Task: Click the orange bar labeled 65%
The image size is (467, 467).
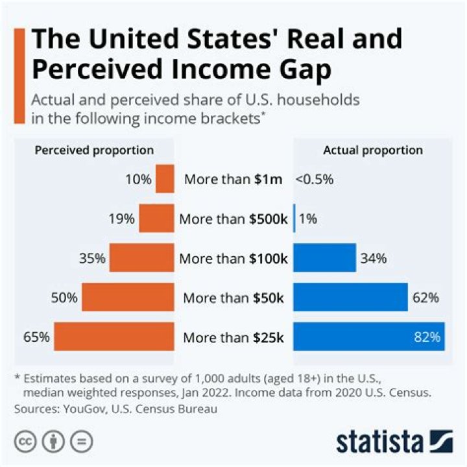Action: pyautogui.click(x=114, y=337)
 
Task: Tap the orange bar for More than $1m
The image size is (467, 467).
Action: pyautogui.click(x=165, y=179)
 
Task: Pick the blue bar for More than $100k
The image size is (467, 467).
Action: pyautogui.click(x=324, y=257)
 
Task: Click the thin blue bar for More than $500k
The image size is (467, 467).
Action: pyautogui.click(x=294, y=219)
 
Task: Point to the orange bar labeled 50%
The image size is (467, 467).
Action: pyautogui.click(x=128, y=298)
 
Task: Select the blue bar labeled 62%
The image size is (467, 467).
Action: pyautogui.click(x=350, y=298)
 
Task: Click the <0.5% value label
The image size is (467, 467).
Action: pyautogui.click(x=315, y=180)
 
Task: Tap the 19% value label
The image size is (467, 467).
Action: pyautogui.click(x=123, y=219)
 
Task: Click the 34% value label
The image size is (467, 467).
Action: pyautogui.click(x=374, y=258)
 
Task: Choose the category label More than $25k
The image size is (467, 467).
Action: pyautogui.click(x=233, y=337)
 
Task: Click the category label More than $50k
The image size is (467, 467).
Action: pyautogui.click(x=233, y=298)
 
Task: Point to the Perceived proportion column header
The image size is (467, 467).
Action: pyautogui.click(x=94, y=150)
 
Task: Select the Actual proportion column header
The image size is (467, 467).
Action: pyautogui.click(x=372, y=150)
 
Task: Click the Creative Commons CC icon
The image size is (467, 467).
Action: pyautogui.click(x=24, y=442)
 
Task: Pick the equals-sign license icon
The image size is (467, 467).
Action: pyautogui.click(x=81, y=442)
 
